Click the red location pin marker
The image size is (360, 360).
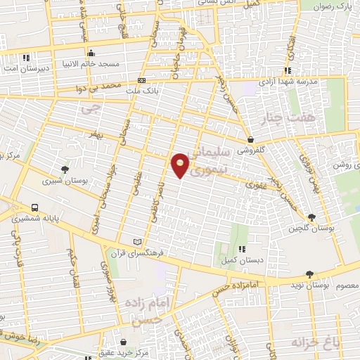181,165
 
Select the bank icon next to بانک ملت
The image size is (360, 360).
141,80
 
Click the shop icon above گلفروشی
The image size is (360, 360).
251,139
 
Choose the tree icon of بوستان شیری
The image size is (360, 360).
65,169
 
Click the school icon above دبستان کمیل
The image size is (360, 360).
241,249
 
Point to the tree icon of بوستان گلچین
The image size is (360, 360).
311,217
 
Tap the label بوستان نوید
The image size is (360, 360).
307,286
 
